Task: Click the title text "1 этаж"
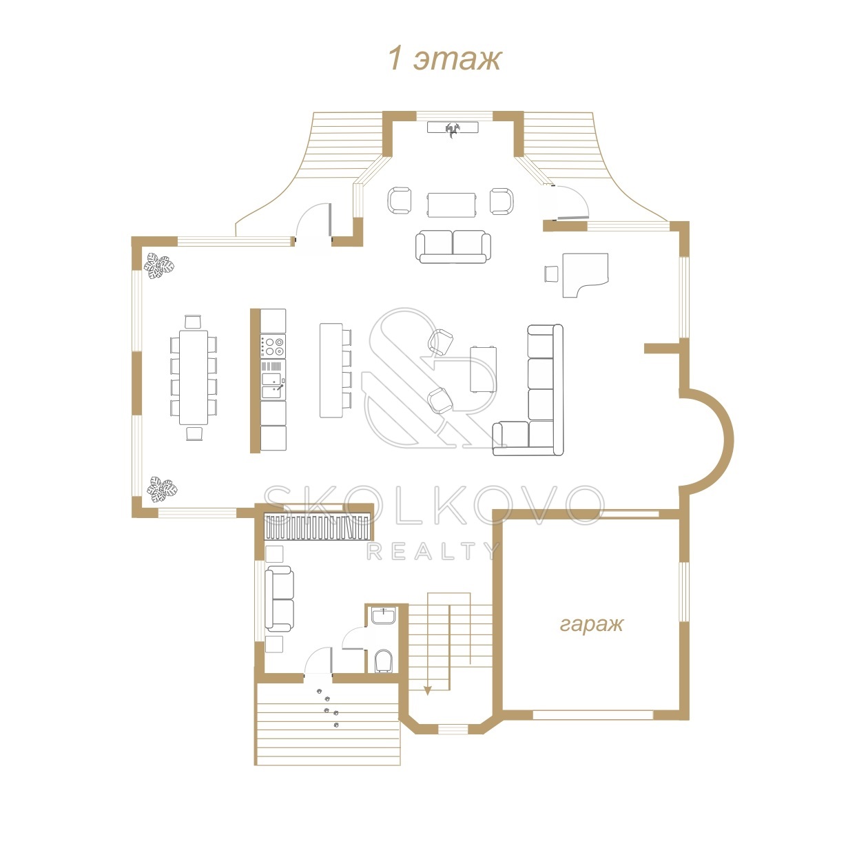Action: point(444,59)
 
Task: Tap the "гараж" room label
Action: point(592,624)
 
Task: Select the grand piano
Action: point(585,274)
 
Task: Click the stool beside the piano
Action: point(551,273)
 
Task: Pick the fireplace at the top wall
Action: point(453,128)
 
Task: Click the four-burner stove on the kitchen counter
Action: point(273,346)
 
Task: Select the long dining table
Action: point(194,377)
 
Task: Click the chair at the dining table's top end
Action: point(193,322)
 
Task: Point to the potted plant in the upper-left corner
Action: point(159,266)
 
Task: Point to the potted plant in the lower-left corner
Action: point(162,488)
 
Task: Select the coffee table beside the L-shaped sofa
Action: point(484,369)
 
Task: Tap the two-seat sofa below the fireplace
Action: point(453,247)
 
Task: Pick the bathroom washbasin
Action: point(384,615)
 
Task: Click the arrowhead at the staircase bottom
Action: point(428,691)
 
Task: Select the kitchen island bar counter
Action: point(331,370)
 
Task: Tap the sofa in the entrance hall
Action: point(279,599)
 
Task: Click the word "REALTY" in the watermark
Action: point(433,550)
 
